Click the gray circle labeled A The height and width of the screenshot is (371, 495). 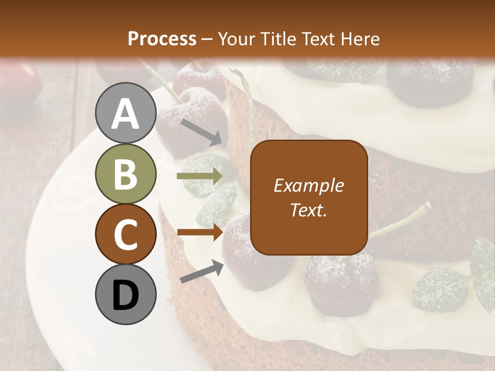(126, 113)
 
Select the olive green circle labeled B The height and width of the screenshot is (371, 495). (126, 174)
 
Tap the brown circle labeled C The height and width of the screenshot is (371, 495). (126, 234)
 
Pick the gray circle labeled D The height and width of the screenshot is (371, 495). (126, 295)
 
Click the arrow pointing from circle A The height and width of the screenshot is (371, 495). (202, 132)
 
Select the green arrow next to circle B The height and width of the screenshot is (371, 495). (200, 176)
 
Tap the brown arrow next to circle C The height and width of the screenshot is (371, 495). (200, 232)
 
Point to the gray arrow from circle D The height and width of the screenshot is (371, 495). (202, 272)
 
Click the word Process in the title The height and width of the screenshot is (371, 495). (162, 39)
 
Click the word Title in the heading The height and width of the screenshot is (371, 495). (274, 39)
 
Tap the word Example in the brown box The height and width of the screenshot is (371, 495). (308, 186)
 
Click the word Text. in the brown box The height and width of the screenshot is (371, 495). (308, 210)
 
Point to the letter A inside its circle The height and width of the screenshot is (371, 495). (126, 113)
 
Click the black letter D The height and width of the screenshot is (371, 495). (126, 295)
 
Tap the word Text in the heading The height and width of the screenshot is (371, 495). (317, 39)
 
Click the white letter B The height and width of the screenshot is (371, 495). (126, 174)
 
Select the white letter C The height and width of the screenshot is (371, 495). (126, 234)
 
